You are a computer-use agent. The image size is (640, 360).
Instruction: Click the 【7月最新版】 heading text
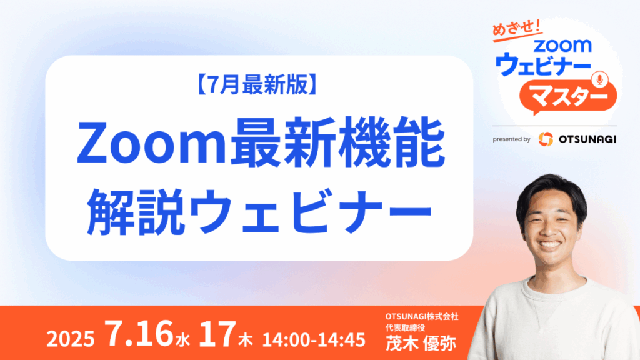[x=258, y=85]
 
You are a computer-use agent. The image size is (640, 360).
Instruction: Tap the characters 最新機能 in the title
[x=337, y=142]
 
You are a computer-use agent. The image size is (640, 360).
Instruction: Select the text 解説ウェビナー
[x=259, y=211]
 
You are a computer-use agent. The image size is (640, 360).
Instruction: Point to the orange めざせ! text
[x=516, y=30]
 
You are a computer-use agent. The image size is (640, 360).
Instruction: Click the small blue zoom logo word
[x=562, y=45]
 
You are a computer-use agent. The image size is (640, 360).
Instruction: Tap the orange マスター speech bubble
[x=567, y=97]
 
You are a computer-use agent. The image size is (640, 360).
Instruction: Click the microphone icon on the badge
[x=599, y=79]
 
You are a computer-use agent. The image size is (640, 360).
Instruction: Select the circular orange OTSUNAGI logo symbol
[x=546, y=139]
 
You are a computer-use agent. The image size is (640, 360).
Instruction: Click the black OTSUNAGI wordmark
[x=587, y=139]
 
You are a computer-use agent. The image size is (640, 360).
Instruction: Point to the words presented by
[x=511, y=139]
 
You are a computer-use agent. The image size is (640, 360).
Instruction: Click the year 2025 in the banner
[x=71, y=339]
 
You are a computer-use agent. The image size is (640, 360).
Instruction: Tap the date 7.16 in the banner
[x=139, y=334]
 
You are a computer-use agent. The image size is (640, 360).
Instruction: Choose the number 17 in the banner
[x=217, y=334]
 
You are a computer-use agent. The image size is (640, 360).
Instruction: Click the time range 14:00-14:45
[x=314, y=339]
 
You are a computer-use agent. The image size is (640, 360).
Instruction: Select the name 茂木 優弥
[x=421, y=343]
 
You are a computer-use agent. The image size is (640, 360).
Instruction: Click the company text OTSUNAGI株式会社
[x=422, y=317]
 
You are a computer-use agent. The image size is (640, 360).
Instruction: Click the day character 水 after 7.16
[x=183, y=340]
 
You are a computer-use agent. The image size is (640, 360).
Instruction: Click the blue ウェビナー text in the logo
[x=543, y=64]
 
